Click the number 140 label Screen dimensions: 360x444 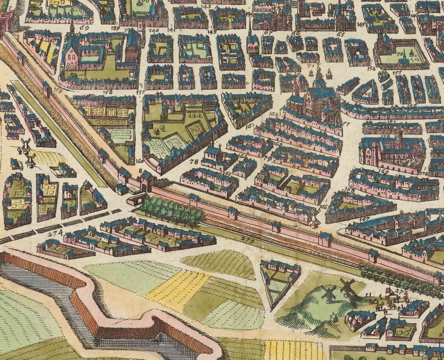pos(153,30)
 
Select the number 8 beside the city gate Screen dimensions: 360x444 pos(140,170)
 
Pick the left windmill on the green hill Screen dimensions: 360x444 pos(328,293)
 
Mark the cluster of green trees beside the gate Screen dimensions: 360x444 pos(171,210)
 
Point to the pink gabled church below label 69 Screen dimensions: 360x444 pos(72,56)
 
